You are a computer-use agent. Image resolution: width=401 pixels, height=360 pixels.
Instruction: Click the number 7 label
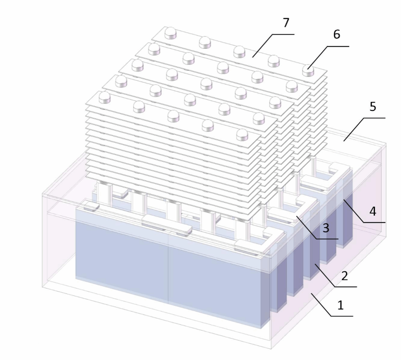click(286, 23)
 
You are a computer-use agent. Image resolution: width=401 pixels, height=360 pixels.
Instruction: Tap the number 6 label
click(336, 34)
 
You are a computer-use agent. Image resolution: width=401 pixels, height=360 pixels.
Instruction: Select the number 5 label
click(373, 106)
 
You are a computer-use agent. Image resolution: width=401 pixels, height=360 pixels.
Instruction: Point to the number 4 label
click(372, 211)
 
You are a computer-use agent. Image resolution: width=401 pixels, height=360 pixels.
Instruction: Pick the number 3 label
click(326, 228)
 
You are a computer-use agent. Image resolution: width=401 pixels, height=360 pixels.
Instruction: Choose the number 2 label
click(345, 276)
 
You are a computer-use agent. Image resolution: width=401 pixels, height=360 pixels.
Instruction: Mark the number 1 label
click(341, 305)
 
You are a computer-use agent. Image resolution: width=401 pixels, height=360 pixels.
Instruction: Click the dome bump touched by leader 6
click(308, 70)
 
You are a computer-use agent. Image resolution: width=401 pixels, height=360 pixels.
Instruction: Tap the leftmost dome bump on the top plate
click(104, 98)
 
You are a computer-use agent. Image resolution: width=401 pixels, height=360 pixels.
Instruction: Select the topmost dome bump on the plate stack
click(170, 33)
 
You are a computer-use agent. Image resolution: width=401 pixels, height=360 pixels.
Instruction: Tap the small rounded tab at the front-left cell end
click(92, 206)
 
